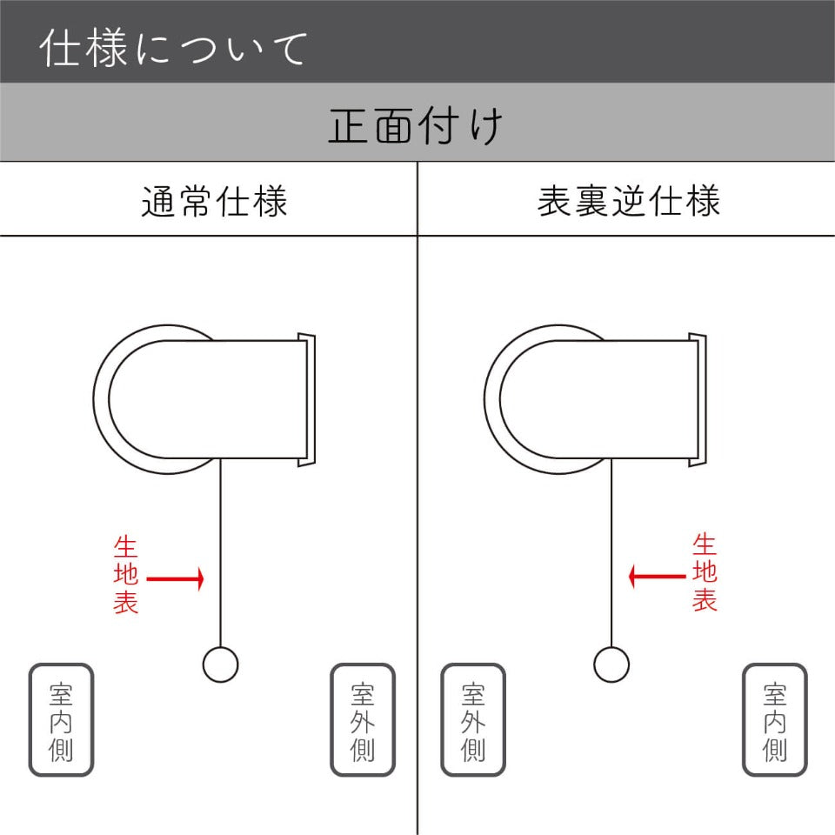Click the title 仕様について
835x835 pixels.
click(174, 48)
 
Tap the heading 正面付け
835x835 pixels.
click(416, 125)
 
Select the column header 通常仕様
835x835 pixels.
click(215, 201)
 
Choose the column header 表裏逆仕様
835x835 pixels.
click(628, 201)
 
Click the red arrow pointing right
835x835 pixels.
click(175, 579)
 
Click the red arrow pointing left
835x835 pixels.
click(657, 576)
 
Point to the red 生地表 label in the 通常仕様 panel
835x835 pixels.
click(125, 575)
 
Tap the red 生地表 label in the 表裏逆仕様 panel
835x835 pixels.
click(705, 573)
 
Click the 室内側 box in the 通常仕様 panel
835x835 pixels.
click(61, 720)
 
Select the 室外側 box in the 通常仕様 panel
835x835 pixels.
click(363, 720)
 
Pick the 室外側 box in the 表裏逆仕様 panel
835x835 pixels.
click(473, 720)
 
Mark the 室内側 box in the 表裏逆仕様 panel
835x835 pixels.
click(775, 720)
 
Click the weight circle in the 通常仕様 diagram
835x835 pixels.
click(220, 665)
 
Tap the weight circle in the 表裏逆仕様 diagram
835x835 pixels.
click(611, 665)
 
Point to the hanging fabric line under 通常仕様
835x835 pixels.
click(220, 553)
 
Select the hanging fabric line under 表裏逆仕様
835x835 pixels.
click(611, 553)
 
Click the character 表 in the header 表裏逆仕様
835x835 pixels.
click(554, 201)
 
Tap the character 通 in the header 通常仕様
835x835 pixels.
click(158, 201)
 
